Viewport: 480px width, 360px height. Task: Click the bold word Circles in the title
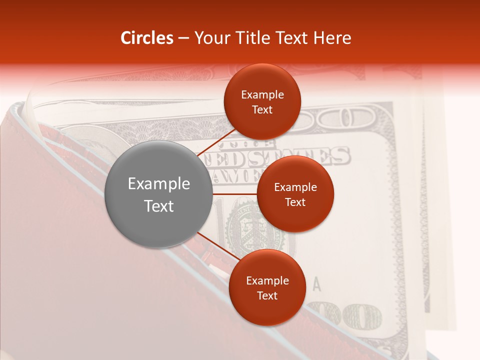click(x=146, y=38)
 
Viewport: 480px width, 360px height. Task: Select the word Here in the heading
click(x=332, y=38)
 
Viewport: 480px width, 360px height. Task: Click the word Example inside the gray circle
click(x=158, y=184)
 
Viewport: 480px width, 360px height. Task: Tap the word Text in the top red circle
click(x=262, y=109)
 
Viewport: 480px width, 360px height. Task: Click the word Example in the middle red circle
click(x=295, y=187)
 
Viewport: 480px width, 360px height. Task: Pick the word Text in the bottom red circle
click(x=267, y=295)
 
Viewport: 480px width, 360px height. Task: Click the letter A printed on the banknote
click(x=316, y=284)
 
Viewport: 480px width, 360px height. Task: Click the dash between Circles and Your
click(x=183, y=38)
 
